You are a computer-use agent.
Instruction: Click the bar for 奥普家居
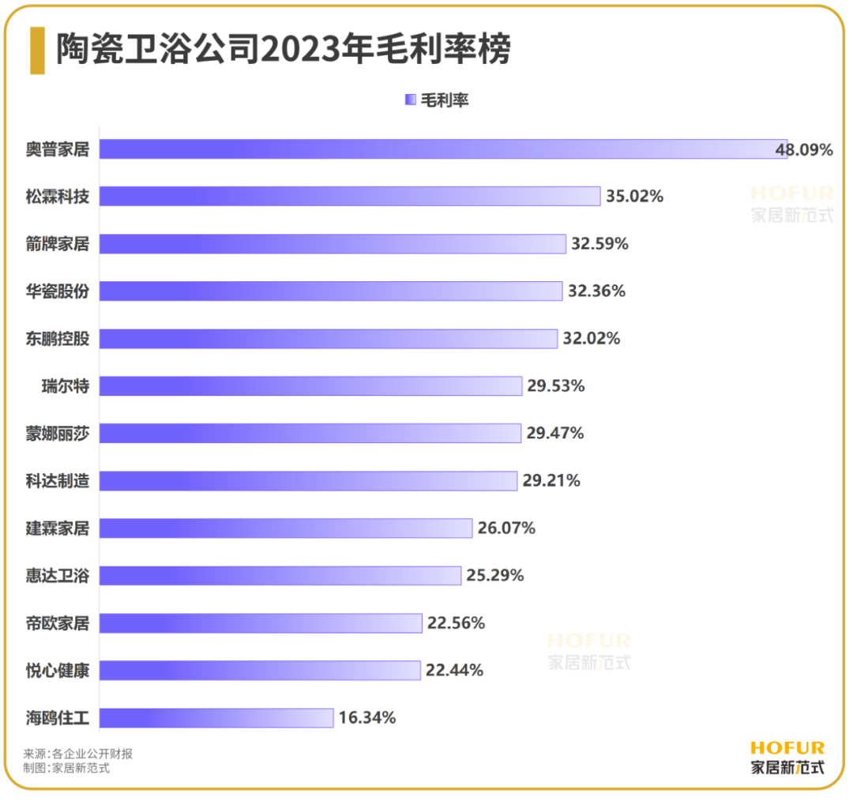442,149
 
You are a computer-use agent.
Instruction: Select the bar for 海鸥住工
216,717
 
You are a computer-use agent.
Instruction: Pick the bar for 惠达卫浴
280,575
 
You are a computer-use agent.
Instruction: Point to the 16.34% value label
367,718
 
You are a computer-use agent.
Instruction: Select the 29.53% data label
556,386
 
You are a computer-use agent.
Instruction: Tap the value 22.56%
456,623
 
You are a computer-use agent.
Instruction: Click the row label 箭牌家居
58,244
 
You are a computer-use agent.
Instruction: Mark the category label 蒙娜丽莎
58,434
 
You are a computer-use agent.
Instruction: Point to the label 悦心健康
58,671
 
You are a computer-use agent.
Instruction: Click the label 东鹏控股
58,339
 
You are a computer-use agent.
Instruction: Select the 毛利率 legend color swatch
410,100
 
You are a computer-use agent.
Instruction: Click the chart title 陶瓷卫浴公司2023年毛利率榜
283,50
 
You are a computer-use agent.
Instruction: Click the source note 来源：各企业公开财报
78,754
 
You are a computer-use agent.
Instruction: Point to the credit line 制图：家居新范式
66,768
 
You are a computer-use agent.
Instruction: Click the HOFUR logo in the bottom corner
787,757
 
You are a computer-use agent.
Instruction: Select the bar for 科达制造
308,480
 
